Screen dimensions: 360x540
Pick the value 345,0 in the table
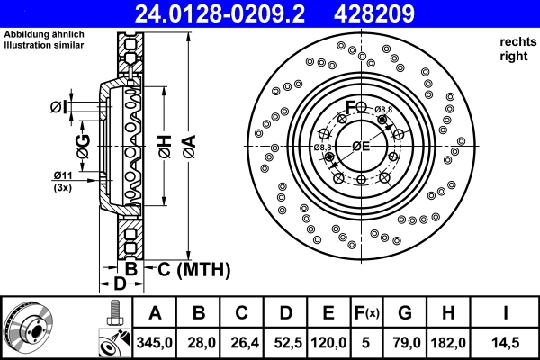tap(155, 343)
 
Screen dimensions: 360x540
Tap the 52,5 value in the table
tap(286, 343)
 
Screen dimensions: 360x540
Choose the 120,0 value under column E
tap(328, 343)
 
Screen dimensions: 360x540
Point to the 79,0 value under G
tap(405, 343)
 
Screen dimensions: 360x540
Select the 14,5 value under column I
tap(509, 343)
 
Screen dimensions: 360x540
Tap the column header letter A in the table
tap(155, 313)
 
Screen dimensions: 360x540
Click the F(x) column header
tap(368, 313)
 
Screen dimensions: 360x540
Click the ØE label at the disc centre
tap(361, 146)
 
